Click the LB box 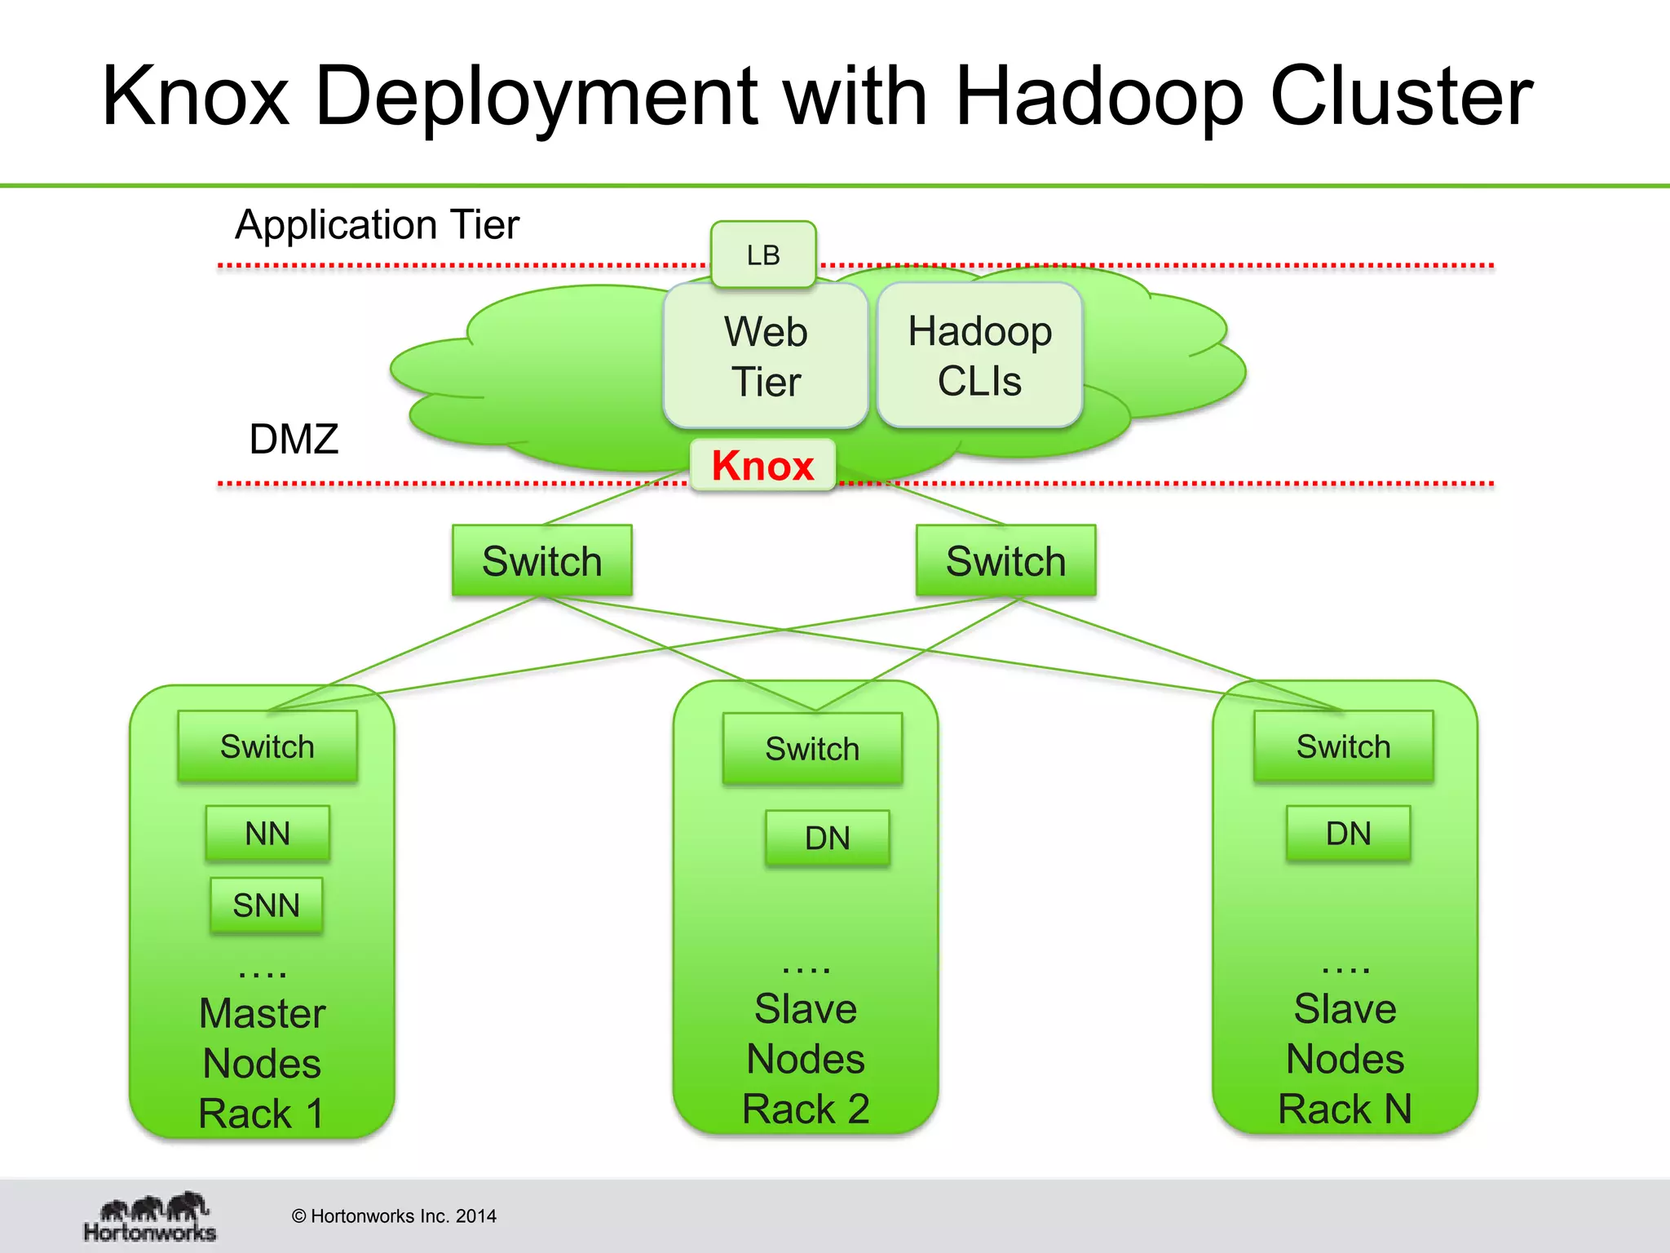coord(763,255)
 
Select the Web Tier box coord(765,356)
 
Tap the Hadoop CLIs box coord(979,356)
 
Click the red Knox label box coord(762,465)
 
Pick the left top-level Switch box coord(541,560)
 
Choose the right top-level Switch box coord(1005,560)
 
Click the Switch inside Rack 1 coord(267,746)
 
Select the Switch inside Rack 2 coord(812,749)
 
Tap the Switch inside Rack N coord(1343,746)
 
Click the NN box coord(267,834)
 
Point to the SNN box coord(266,905)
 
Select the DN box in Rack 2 coord(827,838)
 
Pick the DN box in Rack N coord(1348,834)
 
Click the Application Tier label coord(377,224)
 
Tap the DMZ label coord(294,439)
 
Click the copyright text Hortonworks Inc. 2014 coord(394,1216)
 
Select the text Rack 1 coord(261,1114)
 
